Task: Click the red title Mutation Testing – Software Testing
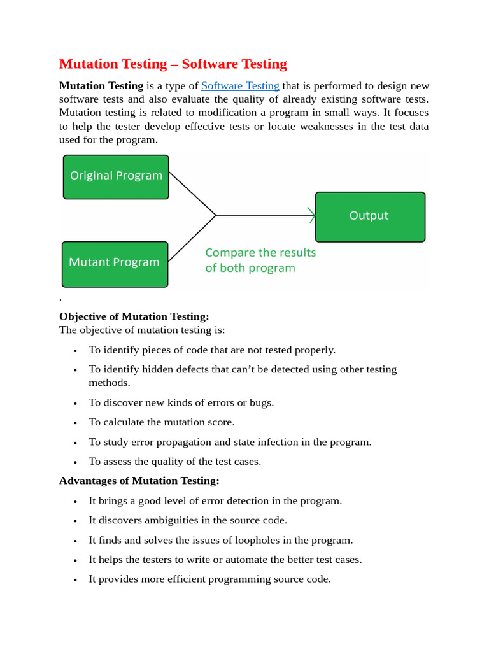click(x=173, y=64)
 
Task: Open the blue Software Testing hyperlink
click(x=240, y=86)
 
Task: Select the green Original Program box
click(x=116, y=176)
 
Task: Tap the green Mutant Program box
click(x=115, y=263)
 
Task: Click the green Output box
click(x=369, y=216)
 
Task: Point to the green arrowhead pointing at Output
click(x=312, y=216)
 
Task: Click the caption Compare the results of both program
click(x=260, y=260)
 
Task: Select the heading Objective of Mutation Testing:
click(x=134, y=316)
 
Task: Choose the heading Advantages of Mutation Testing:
click(x=139, y=481)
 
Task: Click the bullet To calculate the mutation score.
click(x=161, y=422)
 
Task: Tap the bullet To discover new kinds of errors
click(x=181, y=402)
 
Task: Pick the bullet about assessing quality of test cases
click(x=174, y=462)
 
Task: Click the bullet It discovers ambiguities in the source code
click(x=188, y=520)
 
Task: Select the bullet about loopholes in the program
click(x=220, y=540)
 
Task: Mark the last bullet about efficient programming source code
click(x=209, y=579)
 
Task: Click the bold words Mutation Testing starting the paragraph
click(x=101, y=86)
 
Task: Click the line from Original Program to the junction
click(x=193, y=194)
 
